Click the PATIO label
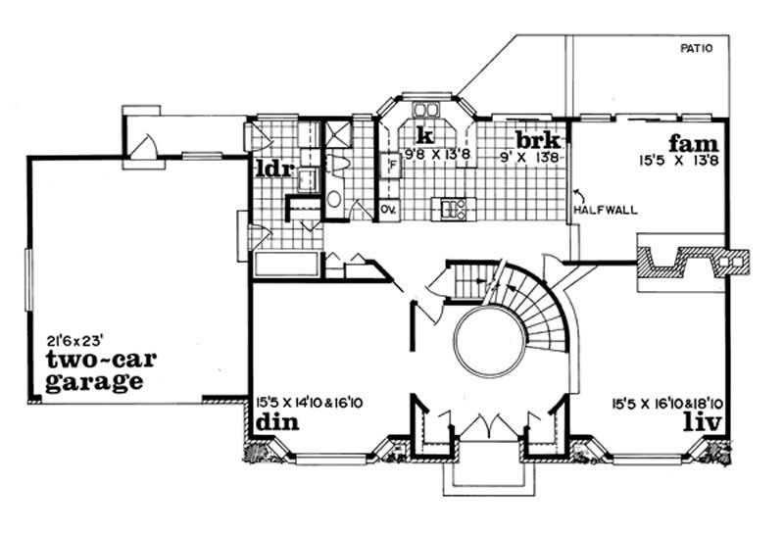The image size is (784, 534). pyautogui.click(x=697, y=48)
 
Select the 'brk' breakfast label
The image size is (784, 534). pyautogui.click(x=537, y=137)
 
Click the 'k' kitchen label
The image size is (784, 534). pyautogui.click(x=424, y=135)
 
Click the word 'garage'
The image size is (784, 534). pyautogui.click(x=95, y=382)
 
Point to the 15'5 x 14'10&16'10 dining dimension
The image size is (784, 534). pyautogui.click(x=310, y=402)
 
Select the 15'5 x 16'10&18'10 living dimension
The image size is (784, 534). pyautogui.click(x=665, y=402)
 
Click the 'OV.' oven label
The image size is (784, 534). pyautogui.click(x=387, y=209)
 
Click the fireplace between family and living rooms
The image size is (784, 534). pyautogui.click(x=692, y=258)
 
